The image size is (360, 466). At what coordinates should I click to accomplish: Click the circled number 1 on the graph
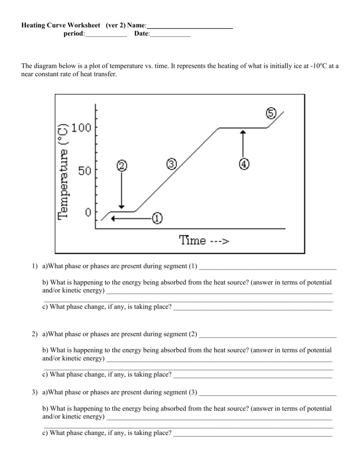pyautogui.click(x=156, y=218)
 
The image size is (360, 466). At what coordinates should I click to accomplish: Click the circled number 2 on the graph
pyautogui.click(x=122, y=166)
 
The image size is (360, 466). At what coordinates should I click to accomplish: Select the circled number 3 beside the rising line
pyautogui.click(x=171, y=164)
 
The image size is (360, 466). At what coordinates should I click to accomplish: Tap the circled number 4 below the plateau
pyautogui.click(x=243, y=164)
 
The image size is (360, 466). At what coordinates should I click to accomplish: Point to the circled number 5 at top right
pyautogui.click(x=271, y=113)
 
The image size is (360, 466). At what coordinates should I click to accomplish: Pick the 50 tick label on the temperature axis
pyautogui.click(x=85, y=171)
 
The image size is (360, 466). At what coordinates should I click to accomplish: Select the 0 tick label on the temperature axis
pyautogui.click(x=88, y=212)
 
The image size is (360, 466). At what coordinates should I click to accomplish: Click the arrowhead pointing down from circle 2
pyautogui.click(x=122, y=205)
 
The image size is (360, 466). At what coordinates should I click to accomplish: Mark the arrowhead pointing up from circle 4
pyautogui.click(x=243, y=132)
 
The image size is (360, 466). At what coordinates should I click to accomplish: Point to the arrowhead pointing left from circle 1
pyautogui.click(x=113, y=219)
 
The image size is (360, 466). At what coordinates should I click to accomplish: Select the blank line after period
pyautogui.click(x=106, y=36)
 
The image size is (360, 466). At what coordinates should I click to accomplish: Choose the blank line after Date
pyautogui.click(x=170, y=36)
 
